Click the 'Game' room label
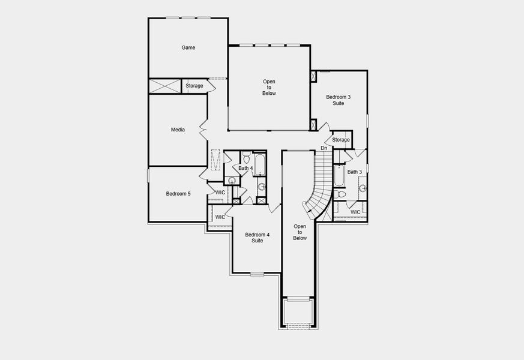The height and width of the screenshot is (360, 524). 188,47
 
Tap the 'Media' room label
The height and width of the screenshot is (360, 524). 178,130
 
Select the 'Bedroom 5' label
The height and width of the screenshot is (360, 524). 178,193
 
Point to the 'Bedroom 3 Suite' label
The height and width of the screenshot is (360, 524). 339,100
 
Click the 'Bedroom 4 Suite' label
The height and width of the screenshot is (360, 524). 257,238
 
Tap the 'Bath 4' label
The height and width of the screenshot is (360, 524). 245,169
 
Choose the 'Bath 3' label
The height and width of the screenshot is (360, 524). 355,172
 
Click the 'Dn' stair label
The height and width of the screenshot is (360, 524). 324,148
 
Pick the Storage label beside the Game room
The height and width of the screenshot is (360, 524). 194,86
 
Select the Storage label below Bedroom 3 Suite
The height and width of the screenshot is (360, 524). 341,140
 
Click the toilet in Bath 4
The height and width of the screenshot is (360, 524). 246,159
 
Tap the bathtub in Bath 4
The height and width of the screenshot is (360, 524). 259,165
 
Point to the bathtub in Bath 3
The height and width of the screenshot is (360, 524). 339,176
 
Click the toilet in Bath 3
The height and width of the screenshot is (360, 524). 340,194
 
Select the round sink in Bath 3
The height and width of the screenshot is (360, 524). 363,188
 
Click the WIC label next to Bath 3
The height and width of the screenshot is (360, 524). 355,212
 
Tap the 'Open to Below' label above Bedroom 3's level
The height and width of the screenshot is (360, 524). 270,87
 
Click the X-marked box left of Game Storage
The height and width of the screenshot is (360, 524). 164,86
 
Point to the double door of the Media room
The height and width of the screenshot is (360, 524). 203,130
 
